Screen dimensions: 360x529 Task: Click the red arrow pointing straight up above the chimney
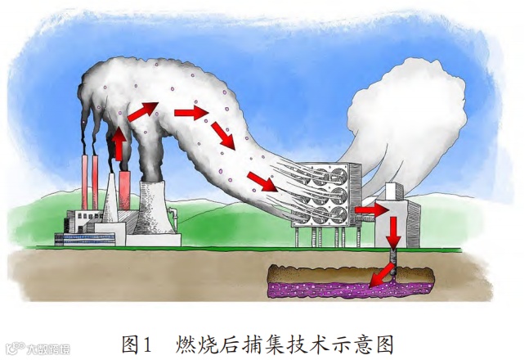coord(119,146)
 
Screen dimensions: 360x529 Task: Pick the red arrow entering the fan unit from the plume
coord(262,180)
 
